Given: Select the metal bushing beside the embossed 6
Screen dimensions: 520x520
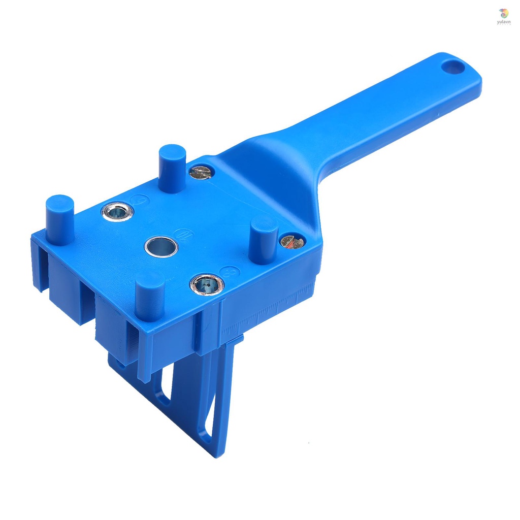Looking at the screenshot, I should click(117, 211).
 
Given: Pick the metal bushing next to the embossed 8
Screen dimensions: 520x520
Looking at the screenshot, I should click(207, 284).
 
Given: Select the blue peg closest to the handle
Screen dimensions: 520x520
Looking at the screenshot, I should click(172, 168).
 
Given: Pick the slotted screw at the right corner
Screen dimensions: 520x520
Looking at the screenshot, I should click(292, 242).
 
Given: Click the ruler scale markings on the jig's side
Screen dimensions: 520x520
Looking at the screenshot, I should click(269, 312).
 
